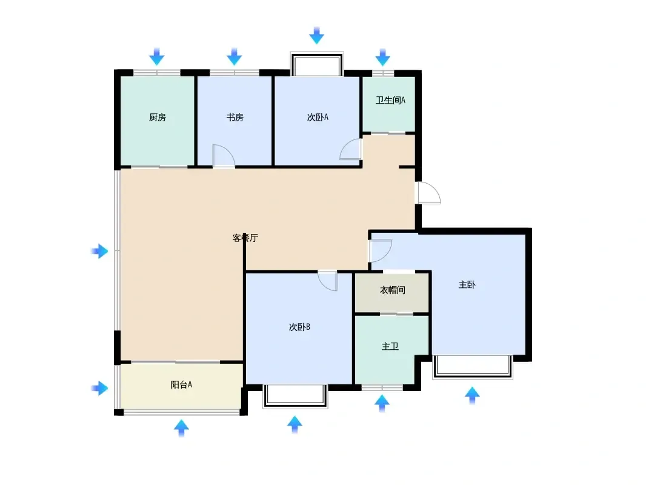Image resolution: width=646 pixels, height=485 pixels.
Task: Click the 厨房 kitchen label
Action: point(158,118)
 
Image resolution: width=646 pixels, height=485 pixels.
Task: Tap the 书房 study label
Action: point(235,118)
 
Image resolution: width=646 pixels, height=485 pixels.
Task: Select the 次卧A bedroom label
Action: point(318,118)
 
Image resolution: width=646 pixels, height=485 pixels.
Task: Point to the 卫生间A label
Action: point(390,100)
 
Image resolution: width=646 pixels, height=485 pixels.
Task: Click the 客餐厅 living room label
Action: point(245,238)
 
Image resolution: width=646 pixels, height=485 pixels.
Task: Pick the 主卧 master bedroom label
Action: point(467,285)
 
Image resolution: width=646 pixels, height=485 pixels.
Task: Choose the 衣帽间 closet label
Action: point(392,290)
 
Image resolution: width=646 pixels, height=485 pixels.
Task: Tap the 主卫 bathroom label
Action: point(390,346)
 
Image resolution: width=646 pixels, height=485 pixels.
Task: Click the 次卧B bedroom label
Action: point(299,327)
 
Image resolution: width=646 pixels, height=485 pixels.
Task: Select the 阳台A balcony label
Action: point(181,384)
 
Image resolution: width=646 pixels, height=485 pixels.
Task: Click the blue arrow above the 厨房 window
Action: point(156,56)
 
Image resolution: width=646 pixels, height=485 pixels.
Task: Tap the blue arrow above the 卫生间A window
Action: point(383,57)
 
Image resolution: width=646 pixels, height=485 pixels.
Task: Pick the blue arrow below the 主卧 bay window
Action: point(472,396)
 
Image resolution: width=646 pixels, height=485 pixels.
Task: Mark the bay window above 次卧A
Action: point(317,64)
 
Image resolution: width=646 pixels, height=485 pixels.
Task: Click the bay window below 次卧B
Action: point(295,396)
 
